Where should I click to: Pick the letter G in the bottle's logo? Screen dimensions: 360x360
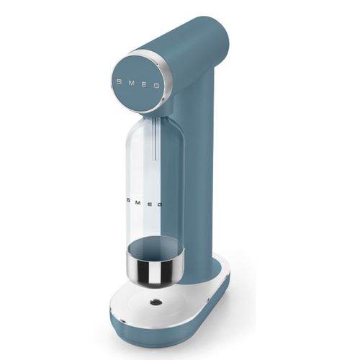[159, 204]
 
